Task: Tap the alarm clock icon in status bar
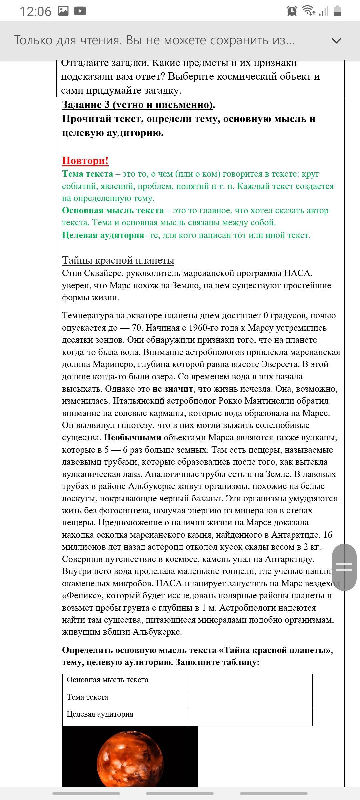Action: point(292,11)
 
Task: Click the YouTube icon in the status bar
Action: point(80,11)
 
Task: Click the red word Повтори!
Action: point(85,161)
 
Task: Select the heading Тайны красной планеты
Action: point(118,260)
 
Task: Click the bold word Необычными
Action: point(132,437)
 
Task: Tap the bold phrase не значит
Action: point(172,389)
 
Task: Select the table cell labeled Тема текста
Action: point(87,697)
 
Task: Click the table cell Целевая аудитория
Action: point(100,714)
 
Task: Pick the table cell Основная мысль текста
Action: point(107,680)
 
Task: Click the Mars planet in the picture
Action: point(130,762)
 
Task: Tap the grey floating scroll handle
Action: point(344,567)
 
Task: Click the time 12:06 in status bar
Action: point(35,11)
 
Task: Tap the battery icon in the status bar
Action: point(337,11)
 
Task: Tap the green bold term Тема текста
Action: point(87,174)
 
